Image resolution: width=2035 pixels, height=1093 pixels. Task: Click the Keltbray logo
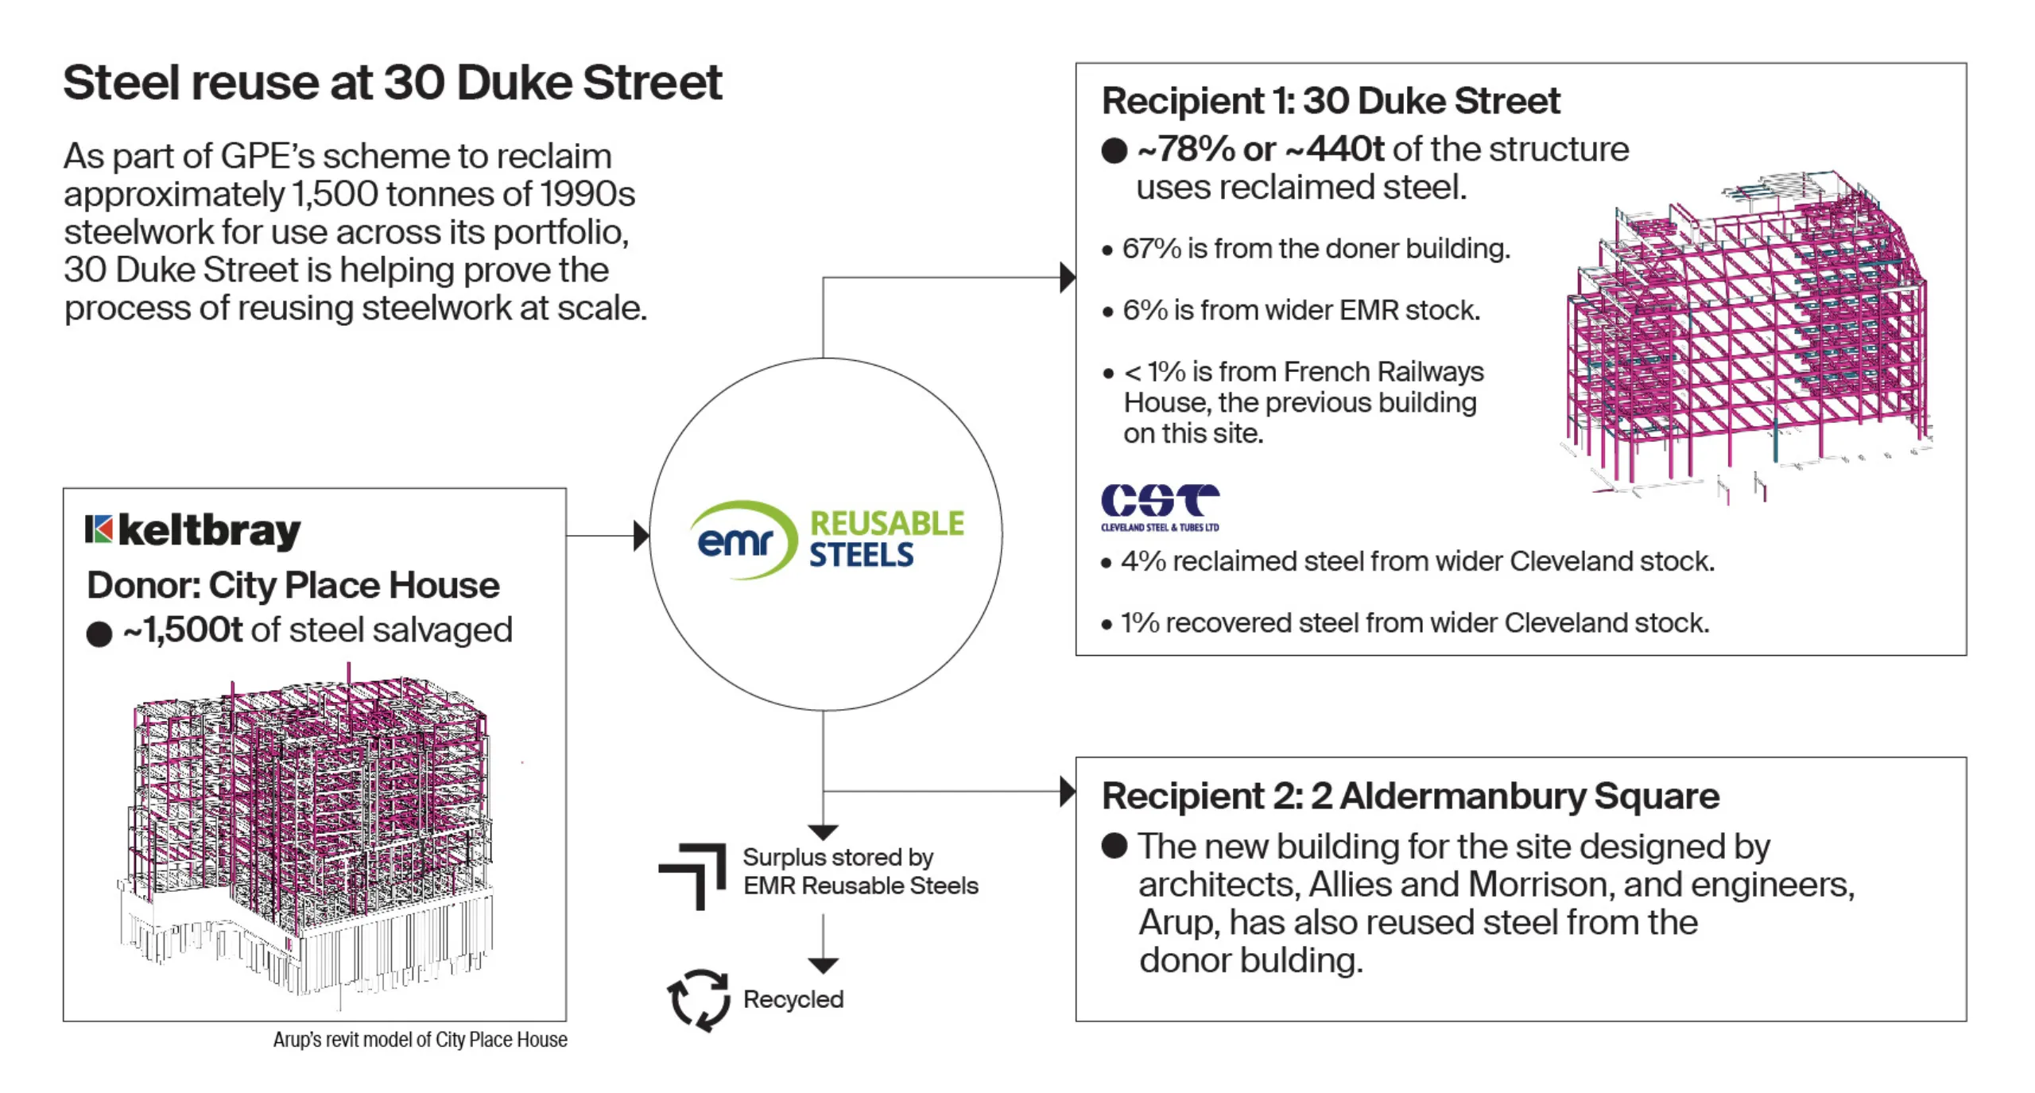(x=192, y=531)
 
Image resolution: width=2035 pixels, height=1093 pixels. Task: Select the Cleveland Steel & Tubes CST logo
(x=1160, y=507)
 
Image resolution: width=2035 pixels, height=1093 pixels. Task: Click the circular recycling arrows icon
(x=699, y=999)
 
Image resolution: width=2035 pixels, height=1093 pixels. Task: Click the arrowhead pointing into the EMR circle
(x=642, y=536)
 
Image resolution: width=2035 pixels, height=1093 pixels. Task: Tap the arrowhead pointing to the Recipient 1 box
(x=1068, y=277)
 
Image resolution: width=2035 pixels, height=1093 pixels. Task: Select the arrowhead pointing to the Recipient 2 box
(x=1068, y=792)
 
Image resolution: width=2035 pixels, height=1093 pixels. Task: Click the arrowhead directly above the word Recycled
(x=824, y=966)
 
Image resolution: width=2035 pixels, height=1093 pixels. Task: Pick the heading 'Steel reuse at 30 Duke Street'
(x=393, y=83)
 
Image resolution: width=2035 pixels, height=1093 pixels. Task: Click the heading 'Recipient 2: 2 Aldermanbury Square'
(x=1410, y=796)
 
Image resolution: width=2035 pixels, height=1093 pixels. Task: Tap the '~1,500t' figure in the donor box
(x=183, y=630)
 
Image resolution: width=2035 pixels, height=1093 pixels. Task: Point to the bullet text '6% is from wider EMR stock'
(x=1301, y=310)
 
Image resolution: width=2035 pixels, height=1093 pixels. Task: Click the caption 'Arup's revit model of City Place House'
(x=421, y=1040)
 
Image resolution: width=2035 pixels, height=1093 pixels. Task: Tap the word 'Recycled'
(x=793, y=999)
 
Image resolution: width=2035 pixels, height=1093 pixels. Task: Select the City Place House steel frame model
(x=306, y=835)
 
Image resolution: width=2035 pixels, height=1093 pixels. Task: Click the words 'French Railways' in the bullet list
(x=1383, y=371)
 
